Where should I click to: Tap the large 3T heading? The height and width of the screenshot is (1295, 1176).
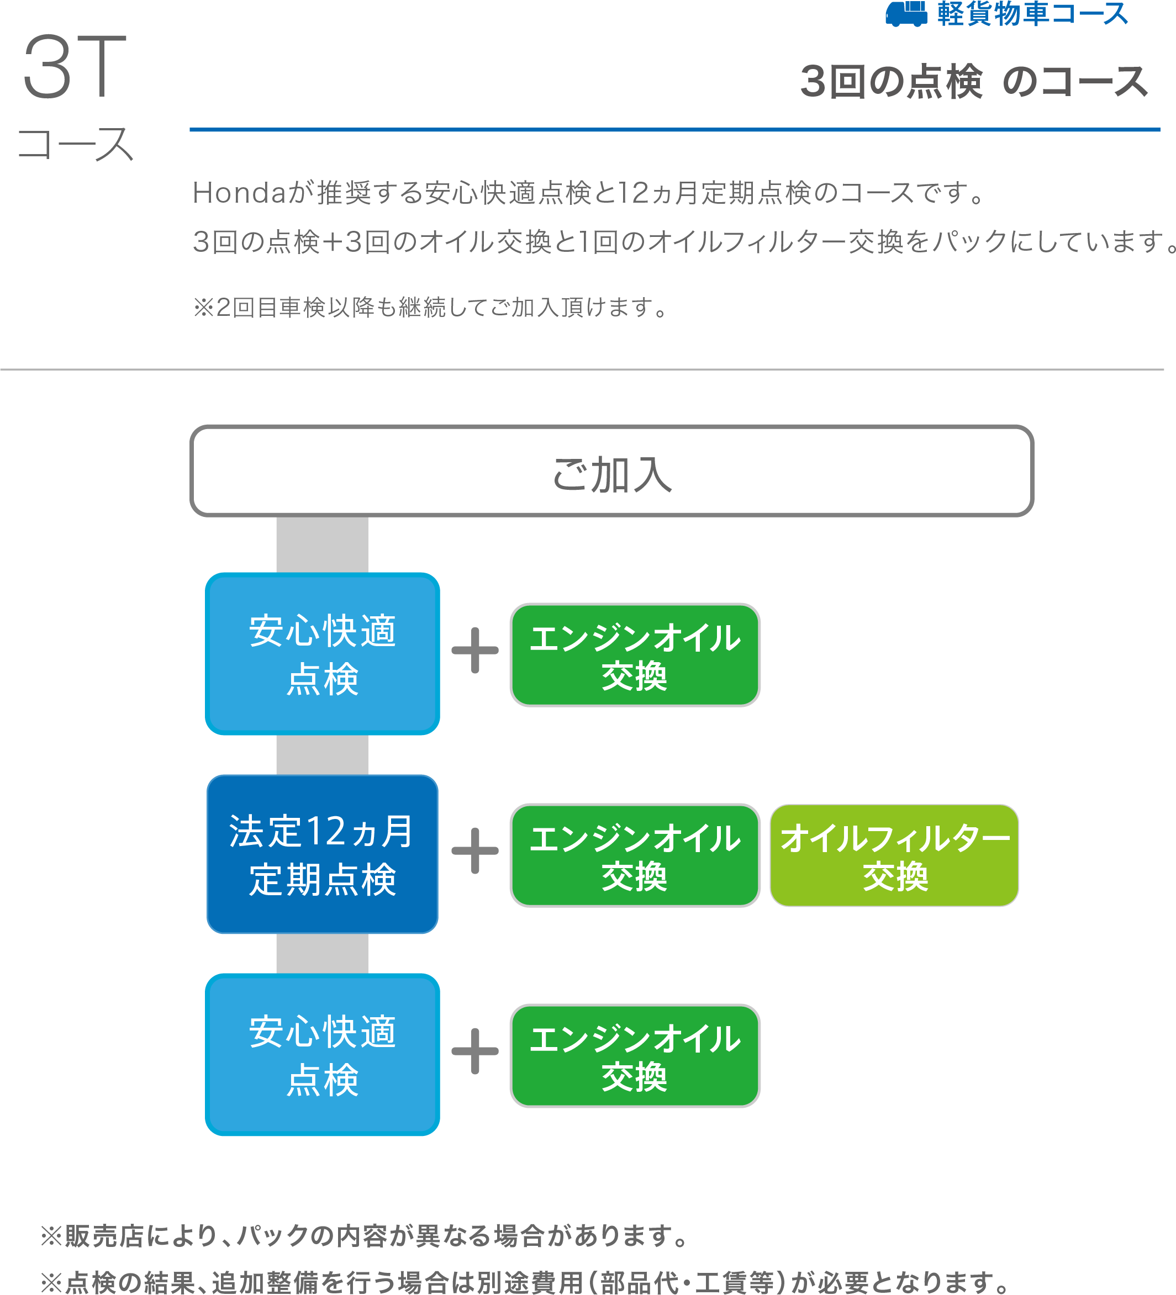coord(75,67)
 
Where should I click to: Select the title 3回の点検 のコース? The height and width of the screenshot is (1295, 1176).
coord(974,83)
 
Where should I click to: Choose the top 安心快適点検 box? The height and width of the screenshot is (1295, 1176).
coord(323,654)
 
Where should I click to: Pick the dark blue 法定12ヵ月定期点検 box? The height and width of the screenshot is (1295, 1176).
coord(323,854)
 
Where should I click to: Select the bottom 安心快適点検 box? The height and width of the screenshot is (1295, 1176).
coord(323,1055)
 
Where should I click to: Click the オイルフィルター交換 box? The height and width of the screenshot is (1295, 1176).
coord(894,855)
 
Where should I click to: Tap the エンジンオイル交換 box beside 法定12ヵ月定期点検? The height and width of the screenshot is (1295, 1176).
coord(635,855)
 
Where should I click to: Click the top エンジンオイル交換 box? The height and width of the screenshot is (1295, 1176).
coord(635,655)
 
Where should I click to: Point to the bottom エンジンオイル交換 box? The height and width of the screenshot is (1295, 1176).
coord(635,1056)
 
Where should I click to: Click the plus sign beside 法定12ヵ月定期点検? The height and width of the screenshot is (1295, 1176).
coord(475,851)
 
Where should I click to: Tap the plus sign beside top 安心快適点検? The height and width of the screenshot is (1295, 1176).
coord(475,650)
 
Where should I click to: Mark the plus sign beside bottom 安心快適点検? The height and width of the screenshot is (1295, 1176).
coord(475,1051)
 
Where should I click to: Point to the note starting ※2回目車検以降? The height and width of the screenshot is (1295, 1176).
coord(430,308)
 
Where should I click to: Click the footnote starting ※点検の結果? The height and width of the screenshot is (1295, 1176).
coord(524,1282)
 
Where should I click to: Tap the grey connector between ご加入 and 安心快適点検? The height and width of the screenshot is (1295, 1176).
coord(322,544)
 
